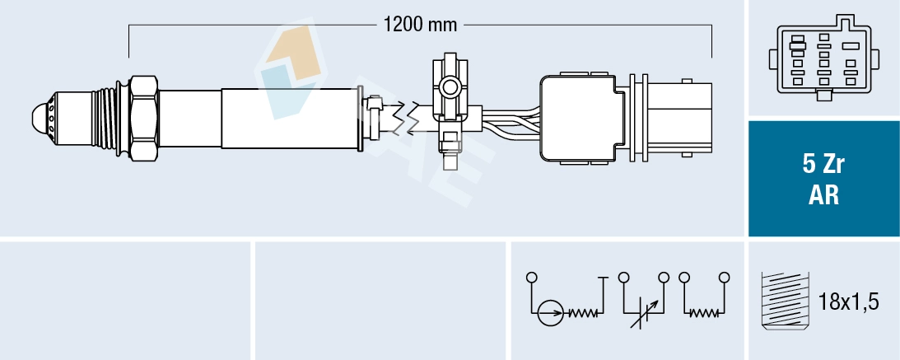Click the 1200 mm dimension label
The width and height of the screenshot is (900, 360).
420,24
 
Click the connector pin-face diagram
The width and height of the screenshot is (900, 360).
823,57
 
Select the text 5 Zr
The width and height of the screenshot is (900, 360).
823,164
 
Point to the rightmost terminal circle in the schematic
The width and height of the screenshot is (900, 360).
724,277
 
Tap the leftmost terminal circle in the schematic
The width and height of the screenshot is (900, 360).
533,277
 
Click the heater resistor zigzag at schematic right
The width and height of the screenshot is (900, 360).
703,313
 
